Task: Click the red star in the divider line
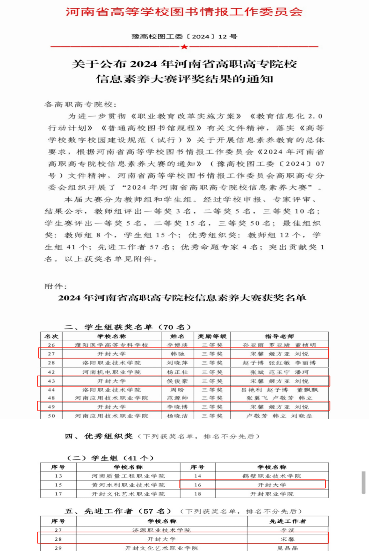[184, 47]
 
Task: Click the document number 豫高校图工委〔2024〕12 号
[184, 36]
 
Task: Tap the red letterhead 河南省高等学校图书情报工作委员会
[184, 12]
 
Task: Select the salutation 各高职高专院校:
[81, 104]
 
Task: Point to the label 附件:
[56, 286]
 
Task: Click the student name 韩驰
[177, 354]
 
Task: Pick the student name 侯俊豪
[177, 381]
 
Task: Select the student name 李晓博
[177, 407]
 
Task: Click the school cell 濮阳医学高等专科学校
[111, 345]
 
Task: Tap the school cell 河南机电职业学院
[111, 372]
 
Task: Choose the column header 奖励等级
[212, 336]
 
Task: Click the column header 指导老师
[280, 336]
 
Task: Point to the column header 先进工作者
[288, 521]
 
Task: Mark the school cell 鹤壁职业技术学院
[272, 476]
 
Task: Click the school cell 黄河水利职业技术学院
[128, 485]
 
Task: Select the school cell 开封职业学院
[272, 494]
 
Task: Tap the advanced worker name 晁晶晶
[288, 548]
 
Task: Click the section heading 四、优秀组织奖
[99, 436]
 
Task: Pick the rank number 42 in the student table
[51, 372]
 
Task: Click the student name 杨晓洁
[177, 416]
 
